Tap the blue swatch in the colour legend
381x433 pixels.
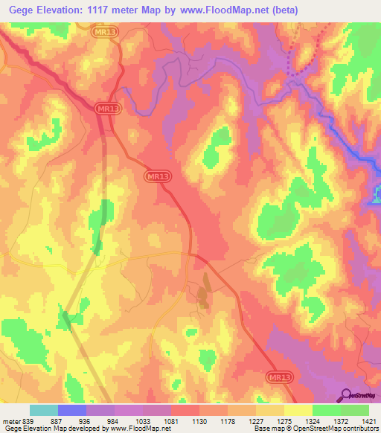click(72, 410)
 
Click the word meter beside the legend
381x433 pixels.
click(11, 420)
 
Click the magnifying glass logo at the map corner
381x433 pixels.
click(347, 394)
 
